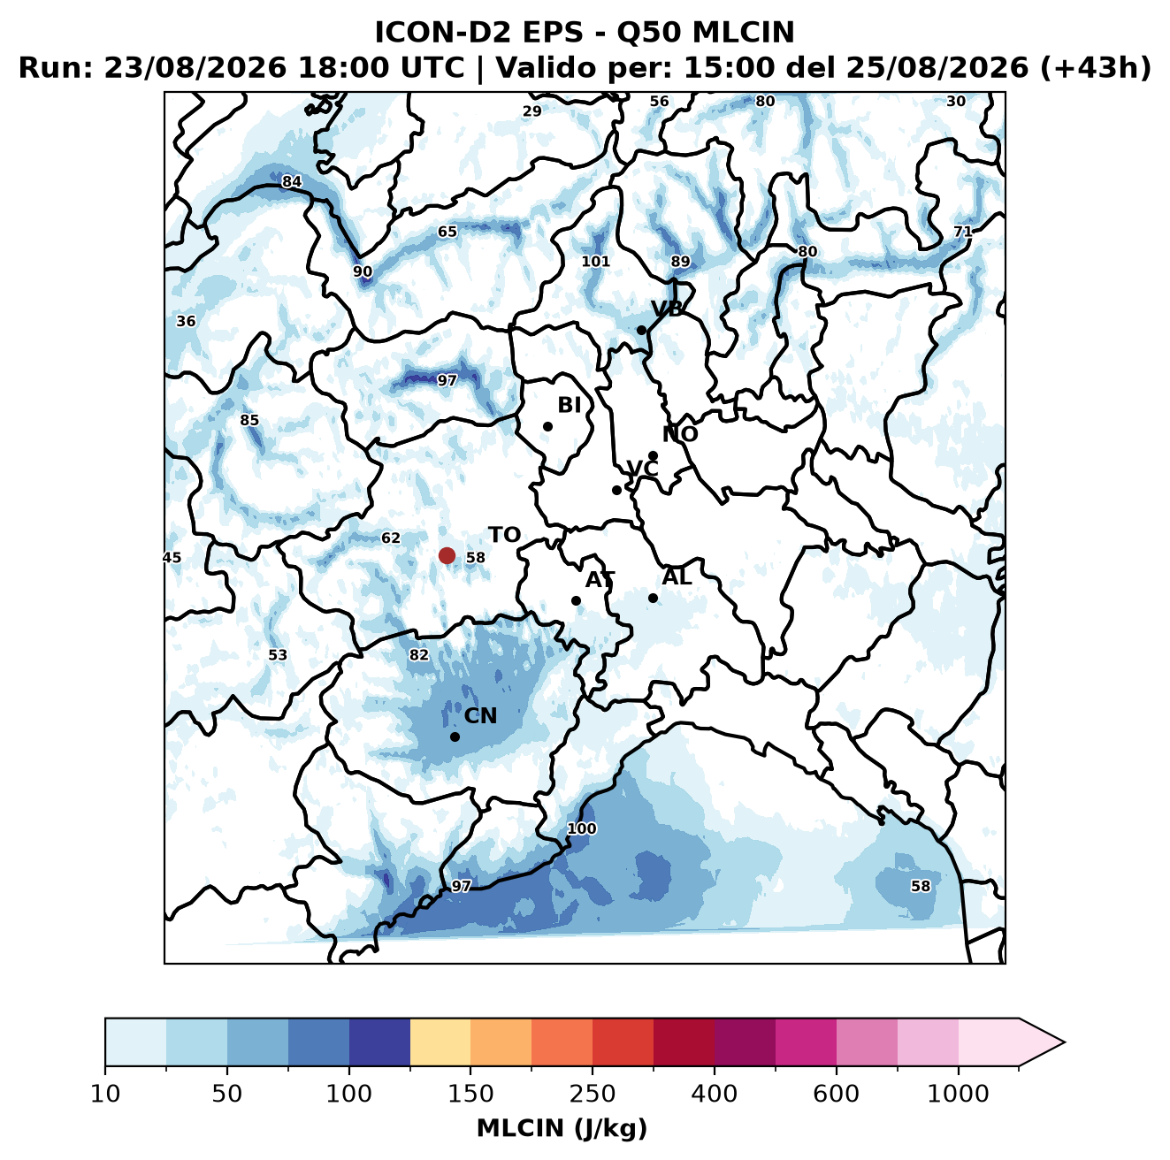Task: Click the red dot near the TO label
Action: pyautogui.click(x=447, y=555)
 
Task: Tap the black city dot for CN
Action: pyautogui.click(x=455, y=736)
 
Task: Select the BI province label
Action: pyautogui.click(x=569, y=405)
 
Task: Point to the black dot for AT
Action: pyautogui.click(x=576, y=600)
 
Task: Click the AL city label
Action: pyautogui.click(x=677, y=576)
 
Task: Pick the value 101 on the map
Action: pyautogui.click(x=595, y=261)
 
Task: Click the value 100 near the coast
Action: pyautogui.click(x=581, y=828)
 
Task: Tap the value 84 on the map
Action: pyautogui.click(x=292, y=181)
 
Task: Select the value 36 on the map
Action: pyautogui.click(x=186, y=321)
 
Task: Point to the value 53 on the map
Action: pyautogui.click(x=278, y=655)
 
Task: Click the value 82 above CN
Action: pyautogui.click(x=419, y=655)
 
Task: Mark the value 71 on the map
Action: pyautogui.click(x=962, y=232)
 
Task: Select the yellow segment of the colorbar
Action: pyautogui.click(x=440, y=1042)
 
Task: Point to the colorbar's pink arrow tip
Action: pyautogui.click(x=1065, y=1042)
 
